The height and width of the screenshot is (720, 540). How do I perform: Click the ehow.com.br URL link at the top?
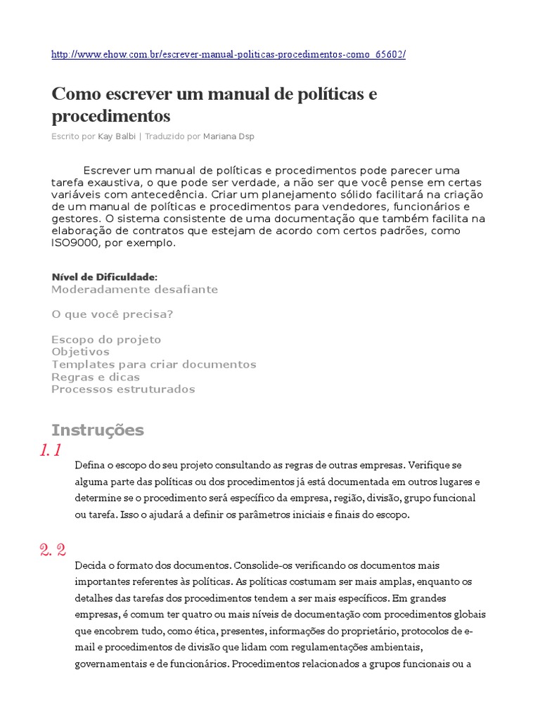(x=229, y=55)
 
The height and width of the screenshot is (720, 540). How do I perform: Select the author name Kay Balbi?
(x=117, y=136)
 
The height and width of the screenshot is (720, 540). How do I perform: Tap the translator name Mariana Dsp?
(x=229, y=136)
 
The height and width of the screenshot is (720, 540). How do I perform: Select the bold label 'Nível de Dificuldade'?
(x=104, y=277)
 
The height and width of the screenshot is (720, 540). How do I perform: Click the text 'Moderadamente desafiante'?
(x=134, y=290)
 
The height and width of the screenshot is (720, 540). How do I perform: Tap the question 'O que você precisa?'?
(x=112, y=314)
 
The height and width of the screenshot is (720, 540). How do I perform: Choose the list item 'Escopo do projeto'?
(x=106, y=340)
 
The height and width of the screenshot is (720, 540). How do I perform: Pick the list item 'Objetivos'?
(x=81, y=352)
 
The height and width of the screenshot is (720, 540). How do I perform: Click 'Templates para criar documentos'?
(x=153, y=364)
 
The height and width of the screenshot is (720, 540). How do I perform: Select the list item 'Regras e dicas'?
(x=96, y=377)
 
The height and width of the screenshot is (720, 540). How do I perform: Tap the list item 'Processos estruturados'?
(x=123, y=389)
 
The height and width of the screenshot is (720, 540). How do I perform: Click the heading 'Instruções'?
(x=98, y=430)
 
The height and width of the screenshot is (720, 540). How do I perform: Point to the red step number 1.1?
(x=51, y=451)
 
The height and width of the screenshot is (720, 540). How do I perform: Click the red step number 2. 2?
(x=53, y=550)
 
